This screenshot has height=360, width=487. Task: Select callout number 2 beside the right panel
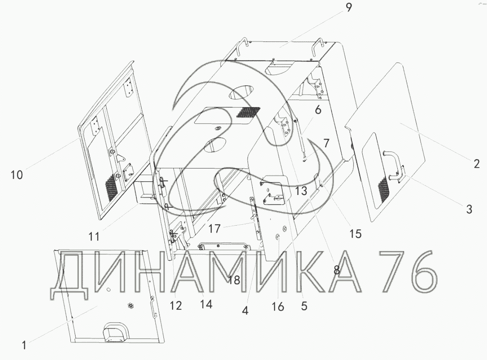(x=476, y=163)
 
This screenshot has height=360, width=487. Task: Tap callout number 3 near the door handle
(x=469, y=209)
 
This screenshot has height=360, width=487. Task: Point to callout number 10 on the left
(x=17, y=175)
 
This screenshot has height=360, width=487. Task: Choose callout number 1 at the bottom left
(x=24, y=345)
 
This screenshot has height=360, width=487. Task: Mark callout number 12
(x=176, y=305)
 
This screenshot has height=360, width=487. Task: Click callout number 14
(x=206, y=305)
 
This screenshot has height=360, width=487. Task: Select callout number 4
(x=245, y=311)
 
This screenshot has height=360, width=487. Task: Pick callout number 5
(x=304, y=305)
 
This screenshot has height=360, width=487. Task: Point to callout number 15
(x=355, y=233)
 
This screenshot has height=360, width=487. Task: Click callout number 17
(x=215, y=229)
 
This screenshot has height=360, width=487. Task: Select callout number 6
(x=318, y=110)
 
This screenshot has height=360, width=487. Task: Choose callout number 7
(x=326, y=143)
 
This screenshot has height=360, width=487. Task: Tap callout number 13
(x=301, y=191)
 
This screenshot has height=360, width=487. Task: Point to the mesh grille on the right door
(x=383, y=190)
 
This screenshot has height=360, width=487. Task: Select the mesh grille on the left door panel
(x=111, y=188)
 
